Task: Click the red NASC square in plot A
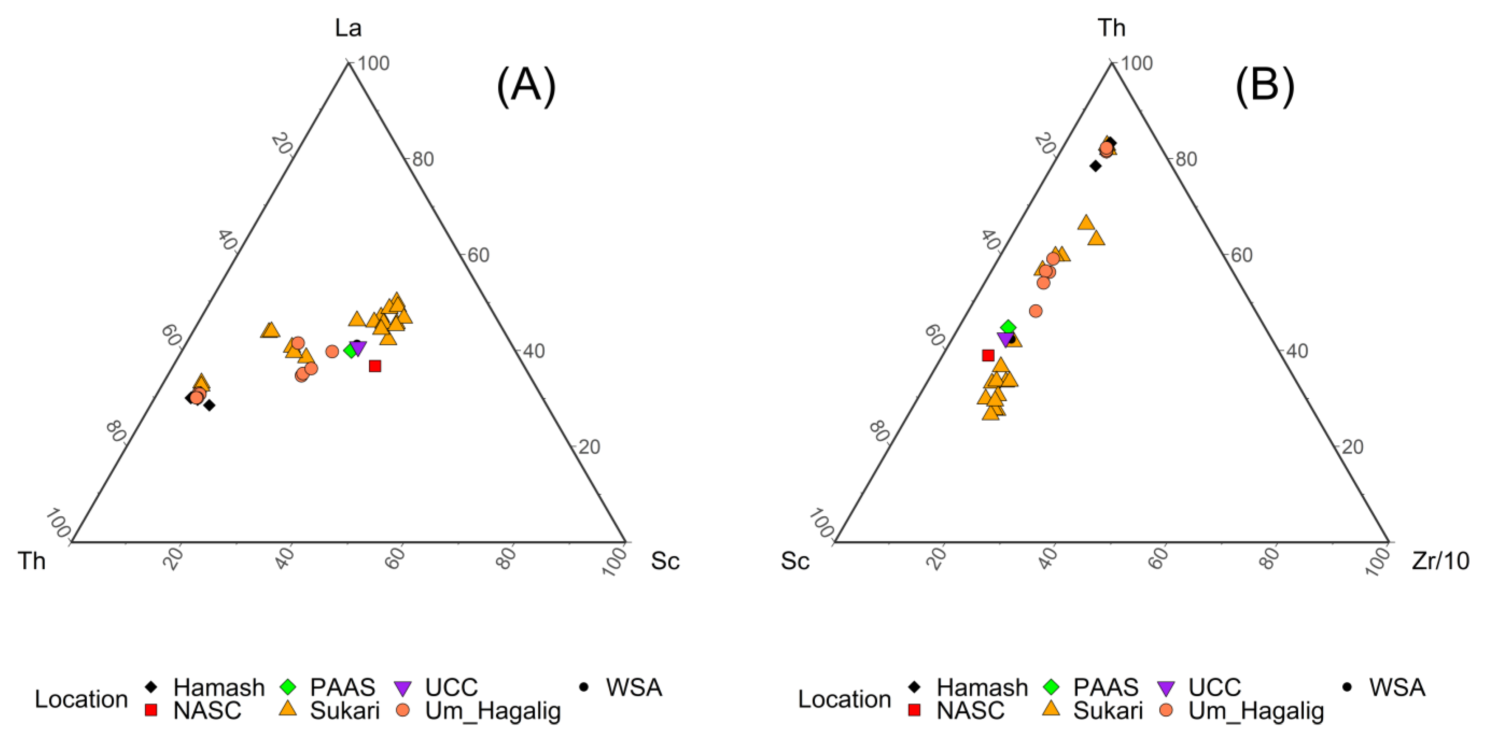[375, 366]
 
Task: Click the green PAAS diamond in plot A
[350, 351]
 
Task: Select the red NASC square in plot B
[988, 355]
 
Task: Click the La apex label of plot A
[348, 28]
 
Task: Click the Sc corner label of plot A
[665, 560]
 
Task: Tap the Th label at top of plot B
[1111, 28]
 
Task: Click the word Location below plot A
[81, 699]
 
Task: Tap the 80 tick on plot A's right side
[422, 159]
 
